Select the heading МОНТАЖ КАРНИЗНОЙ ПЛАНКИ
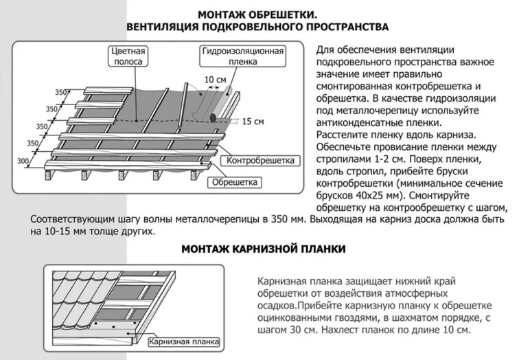click(262, 249)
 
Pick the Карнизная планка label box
click(183, 341)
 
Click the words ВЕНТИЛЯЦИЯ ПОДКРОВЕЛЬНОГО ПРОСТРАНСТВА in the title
click(257, 27)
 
